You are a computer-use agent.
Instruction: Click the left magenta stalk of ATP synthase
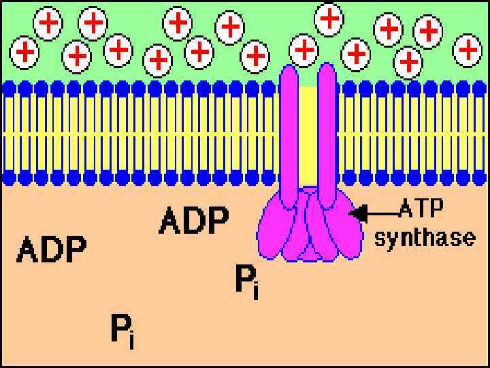[x=289, y=136]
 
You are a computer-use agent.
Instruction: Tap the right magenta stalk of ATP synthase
[x=327, y=136]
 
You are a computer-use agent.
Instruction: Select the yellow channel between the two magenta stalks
[x=308, y=136]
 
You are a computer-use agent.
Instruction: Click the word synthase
[x=424, y=238]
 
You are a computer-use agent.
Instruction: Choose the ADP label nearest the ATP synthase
[x=193, y=220]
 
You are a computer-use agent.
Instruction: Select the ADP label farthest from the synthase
[x=52, y=249]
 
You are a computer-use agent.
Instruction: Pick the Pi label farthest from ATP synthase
[x=122, y=331]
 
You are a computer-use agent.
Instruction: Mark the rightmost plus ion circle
[x=468, y=49]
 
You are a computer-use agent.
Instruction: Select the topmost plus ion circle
[x=329, y=18]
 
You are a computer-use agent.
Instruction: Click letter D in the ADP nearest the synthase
[x=193, y=220]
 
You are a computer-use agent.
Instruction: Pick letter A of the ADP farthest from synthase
[x=28, y=249]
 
